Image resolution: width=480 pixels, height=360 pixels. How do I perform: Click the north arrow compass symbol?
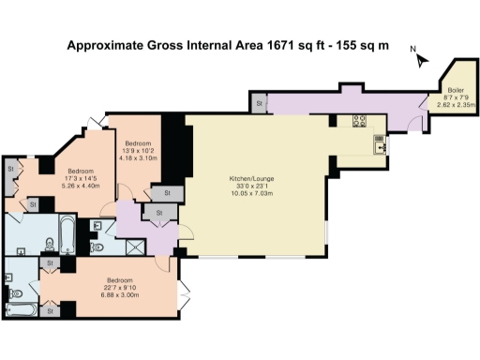coord(423,60)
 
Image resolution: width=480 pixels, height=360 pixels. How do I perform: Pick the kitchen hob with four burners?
coord(358,120)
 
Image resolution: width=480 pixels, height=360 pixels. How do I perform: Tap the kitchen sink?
coord(379,144)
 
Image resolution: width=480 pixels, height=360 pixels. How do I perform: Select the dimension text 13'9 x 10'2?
coord(138,150)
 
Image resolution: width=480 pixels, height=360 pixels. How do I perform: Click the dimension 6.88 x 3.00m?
coord(119,294)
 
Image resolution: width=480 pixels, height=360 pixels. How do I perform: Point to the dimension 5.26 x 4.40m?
coord(80,185)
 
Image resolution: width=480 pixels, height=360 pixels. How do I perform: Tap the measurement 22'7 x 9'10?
coord(119,288)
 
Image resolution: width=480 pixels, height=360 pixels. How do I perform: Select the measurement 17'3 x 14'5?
coord(80,178)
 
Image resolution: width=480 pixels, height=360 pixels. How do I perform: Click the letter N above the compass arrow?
coord(412,49)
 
